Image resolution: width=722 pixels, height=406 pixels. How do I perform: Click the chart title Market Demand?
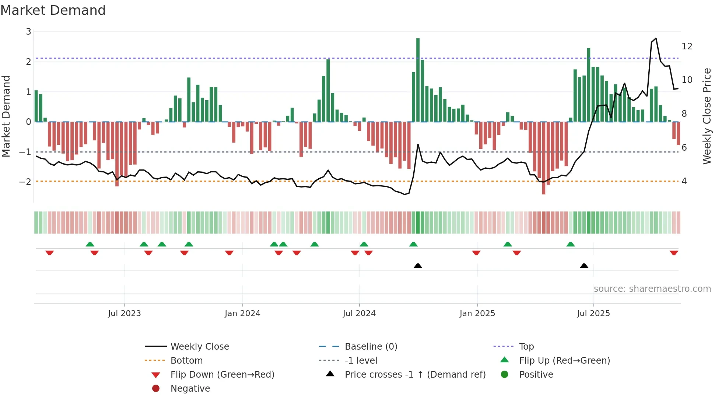(x=53, y=10)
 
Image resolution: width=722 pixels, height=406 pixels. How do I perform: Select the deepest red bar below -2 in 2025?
(x=543, y=158)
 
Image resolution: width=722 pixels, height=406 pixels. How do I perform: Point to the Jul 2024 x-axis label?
(x=359, y=314)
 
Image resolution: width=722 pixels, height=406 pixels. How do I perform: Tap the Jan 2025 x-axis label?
(x=477, y=314)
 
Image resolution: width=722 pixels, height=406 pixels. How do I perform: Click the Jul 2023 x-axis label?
(x=125, y=314)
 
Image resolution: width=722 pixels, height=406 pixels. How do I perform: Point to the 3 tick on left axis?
(x=28, y=32)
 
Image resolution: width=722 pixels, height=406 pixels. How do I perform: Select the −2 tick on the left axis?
(x=25, y=182)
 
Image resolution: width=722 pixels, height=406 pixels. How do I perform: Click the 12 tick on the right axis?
(x=687, y=46)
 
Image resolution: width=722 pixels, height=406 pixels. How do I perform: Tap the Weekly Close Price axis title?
(x=707, y=116)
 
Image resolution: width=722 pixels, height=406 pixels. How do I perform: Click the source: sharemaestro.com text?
(x=652, y=289)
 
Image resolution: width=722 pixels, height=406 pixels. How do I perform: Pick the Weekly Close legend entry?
(x=199, y=347)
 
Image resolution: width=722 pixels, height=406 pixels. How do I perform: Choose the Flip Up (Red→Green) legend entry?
(x=564, y=361)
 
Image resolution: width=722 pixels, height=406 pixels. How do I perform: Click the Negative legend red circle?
(x=156, y=389)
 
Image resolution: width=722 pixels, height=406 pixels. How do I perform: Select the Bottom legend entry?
(x=186, y=361)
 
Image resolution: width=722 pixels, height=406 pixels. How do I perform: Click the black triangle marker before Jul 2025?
(x=584, y=266)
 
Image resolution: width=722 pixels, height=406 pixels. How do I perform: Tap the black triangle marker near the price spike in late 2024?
(x=418, y=266)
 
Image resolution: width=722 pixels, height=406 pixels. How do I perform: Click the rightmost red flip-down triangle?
(x=674, y=253)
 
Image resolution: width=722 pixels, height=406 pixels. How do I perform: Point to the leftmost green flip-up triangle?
(x=90, y=244)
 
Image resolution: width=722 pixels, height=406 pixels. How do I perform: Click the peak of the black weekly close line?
(x=656, y=38)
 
